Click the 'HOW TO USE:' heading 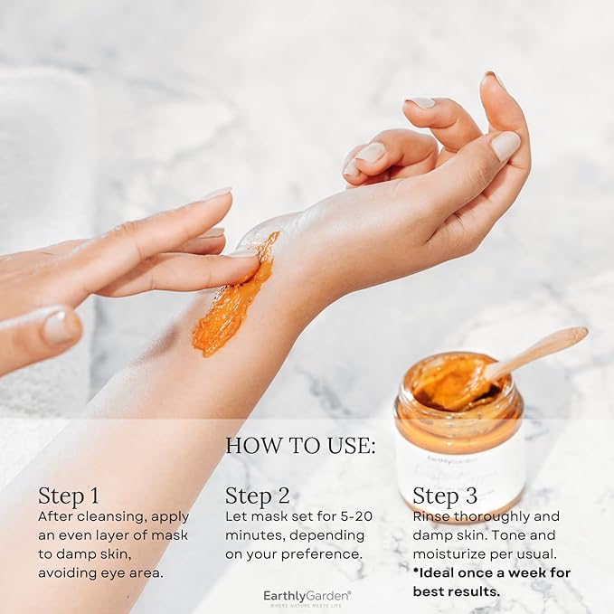coord(299,445)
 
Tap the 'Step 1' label coord(69,496)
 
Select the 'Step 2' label coord(257,496)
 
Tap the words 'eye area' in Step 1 coord(136,572)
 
